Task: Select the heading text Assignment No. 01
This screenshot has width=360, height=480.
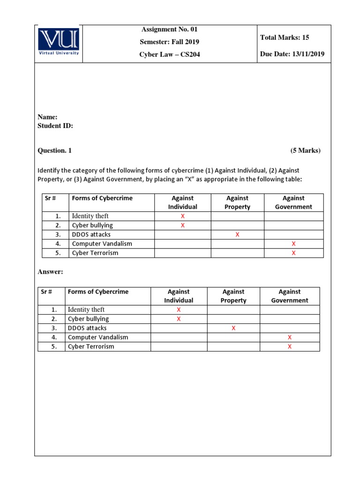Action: [x=169, y=30]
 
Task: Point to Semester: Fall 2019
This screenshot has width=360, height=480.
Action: [x=169, y=42]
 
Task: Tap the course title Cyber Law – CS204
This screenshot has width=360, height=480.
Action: [x=169, y=54]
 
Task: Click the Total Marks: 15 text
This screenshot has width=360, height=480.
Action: [x=285, y=37]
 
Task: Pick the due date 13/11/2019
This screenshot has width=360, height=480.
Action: [x=292, y=54]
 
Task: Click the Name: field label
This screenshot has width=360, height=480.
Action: [x=47, y=117]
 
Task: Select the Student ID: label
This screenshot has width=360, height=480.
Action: [x=55, y=126]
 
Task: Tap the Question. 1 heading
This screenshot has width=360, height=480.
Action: [x=54, y=150]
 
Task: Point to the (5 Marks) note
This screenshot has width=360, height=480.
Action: [x=305, y=150]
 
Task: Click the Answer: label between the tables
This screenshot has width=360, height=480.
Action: [x=50, y=272]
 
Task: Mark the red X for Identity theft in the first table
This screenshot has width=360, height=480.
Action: [x=182, y=216]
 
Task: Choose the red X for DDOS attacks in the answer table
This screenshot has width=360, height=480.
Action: [x=233, y=328]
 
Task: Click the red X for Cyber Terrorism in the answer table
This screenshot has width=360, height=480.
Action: [x=289, y=347]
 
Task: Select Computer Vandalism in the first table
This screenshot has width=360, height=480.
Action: [x=102, y=244]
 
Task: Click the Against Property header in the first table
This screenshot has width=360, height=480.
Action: [x=237, y=202]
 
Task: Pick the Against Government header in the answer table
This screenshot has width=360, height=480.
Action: [x=290, y=296]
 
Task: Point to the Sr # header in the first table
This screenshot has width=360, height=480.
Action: [x=50, y=198]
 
